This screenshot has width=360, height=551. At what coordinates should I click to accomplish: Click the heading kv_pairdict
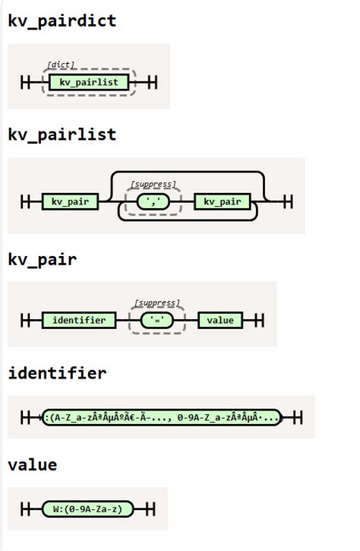62,21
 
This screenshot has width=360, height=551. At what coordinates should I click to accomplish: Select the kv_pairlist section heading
62,135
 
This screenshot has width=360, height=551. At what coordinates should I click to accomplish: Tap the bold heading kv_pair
42,260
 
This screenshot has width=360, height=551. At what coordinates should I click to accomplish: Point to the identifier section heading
57,373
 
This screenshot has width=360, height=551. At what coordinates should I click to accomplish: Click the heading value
32,464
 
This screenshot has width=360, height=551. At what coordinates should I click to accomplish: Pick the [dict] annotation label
61,65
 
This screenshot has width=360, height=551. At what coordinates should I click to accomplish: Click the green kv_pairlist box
89,82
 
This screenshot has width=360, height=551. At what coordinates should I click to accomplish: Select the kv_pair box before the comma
71,201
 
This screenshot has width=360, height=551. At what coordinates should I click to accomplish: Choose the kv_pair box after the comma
221,201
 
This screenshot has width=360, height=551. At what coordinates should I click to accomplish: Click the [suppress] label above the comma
153,184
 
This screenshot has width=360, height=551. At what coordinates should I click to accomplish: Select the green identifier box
79,320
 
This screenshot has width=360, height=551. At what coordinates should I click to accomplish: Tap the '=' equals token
157,320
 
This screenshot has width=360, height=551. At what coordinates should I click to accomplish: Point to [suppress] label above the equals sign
157,303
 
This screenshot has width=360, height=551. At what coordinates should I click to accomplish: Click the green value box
220,320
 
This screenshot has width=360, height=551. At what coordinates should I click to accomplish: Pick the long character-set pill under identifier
162,417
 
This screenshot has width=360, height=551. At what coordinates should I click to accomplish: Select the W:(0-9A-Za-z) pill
87,508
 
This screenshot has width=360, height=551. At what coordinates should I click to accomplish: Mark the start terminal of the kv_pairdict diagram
26,82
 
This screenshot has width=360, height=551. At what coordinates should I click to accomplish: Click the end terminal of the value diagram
150,508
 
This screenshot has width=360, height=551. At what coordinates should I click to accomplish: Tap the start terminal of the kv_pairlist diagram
26,201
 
